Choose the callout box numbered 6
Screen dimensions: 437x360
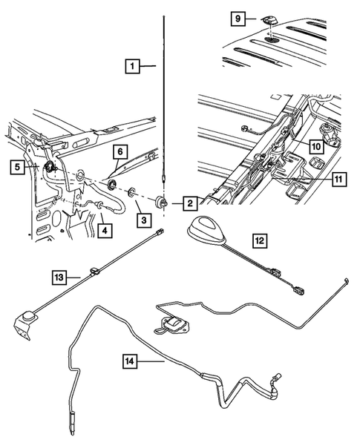[118, 151]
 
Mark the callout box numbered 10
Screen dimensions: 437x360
[315, 147]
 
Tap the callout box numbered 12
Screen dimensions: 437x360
[260, 241]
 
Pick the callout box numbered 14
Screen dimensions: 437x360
[131, 361]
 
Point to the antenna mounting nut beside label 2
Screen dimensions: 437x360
[162, 203]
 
